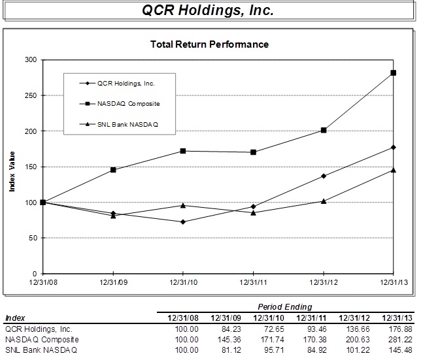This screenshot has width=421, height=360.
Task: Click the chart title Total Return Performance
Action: [209, 45]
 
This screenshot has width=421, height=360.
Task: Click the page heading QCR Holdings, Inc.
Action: [209, 12]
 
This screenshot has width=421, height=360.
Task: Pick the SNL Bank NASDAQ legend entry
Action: [128, 123]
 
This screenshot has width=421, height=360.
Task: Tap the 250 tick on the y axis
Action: [31, 95]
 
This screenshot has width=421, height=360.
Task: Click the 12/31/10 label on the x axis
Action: [183, 282]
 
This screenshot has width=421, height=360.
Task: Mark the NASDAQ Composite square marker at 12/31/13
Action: [394, 73]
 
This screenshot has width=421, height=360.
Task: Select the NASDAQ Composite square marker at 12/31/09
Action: [114, 170]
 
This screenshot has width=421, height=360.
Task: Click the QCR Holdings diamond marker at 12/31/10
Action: [183, 222]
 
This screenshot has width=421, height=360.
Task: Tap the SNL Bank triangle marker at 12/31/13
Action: [394, 170]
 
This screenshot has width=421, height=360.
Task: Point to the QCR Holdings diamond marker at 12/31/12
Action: [324, 176]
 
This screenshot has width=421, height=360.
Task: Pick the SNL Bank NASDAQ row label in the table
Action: [41, 350]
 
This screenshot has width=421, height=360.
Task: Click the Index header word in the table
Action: [15, 318]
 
